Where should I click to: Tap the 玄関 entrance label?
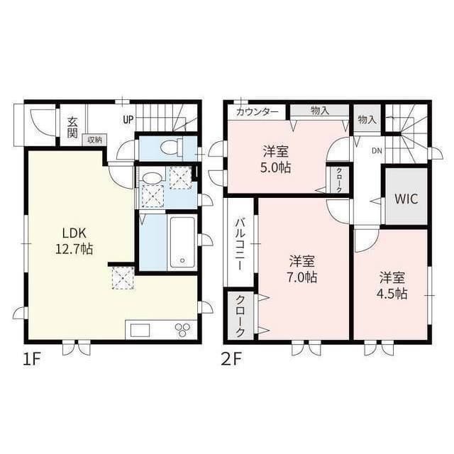(x=72, y=127)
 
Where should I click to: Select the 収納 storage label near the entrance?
(x=94, y=140)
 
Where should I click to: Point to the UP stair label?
(x=128, y=119)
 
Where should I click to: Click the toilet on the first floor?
(x=171, y=148)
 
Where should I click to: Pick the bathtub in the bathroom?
(x=183, y=242)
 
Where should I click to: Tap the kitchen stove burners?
(x=184, y=331)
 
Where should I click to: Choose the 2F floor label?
(x=232, y=358)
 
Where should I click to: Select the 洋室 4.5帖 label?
(x=392, y=284)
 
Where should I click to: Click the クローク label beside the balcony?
(x=240, y=315)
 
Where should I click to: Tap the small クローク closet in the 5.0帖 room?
(x=338, y=179)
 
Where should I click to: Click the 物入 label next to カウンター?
(x=319, y=111)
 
